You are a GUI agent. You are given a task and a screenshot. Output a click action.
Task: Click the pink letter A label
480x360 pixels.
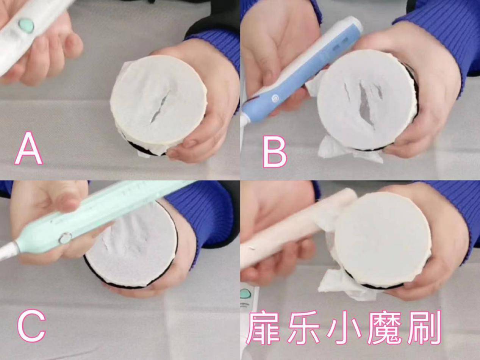[x=29, y=148]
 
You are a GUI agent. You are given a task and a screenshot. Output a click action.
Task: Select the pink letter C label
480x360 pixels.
[x=31, y=327]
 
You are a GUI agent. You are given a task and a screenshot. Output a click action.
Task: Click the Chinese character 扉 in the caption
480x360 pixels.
[x=266, y=327]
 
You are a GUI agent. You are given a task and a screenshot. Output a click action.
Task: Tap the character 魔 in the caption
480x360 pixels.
[x=385, y=327]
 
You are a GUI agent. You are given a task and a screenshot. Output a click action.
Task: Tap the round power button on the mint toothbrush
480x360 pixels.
[x=65, y=238]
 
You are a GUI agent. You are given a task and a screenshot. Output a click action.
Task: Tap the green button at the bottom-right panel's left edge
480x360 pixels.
[x=246, y=294]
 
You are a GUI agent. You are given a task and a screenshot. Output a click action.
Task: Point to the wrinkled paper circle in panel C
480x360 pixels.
[x=133, y=246]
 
